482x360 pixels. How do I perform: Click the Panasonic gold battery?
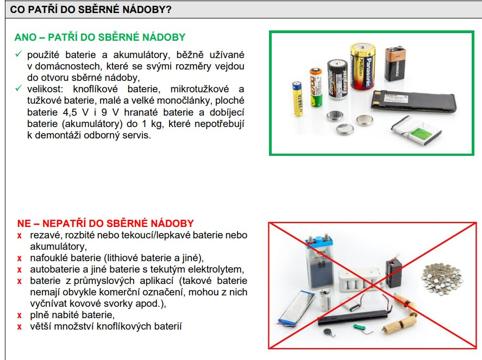click(x=364, y=67)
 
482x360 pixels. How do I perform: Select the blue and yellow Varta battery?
click(x=297, y=98)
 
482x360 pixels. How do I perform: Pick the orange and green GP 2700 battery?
click(x=316, y=87)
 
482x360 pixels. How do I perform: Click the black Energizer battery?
click(x=337, y=80)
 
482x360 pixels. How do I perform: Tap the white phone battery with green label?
click(x=416, y=130)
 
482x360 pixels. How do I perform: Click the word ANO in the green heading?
click(x=26, y=37)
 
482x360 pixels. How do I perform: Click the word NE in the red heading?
click(x=24, y=223)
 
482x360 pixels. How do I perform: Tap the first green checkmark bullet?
click(x=18, y=54)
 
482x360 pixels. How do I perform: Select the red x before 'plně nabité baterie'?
click(x=20, y=315)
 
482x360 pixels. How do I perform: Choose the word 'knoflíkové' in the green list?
click(x=95, y=89)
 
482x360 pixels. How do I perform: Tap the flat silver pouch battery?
click(x=296, y=308)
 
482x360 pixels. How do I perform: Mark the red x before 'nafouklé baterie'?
click(x=20, y=258)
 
